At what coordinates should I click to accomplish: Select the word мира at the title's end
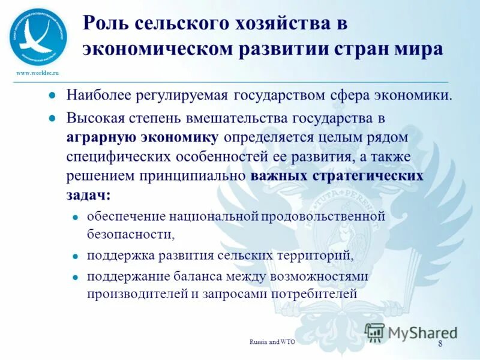click(414, 49)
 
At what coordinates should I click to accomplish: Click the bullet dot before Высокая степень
click(52, 119)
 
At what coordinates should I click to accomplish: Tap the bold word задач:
click(88, 195)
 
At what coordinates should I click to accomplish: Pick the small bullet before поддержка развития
click(76, 256)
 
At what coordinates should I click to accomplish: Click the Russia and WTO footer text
click(272, 342)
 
